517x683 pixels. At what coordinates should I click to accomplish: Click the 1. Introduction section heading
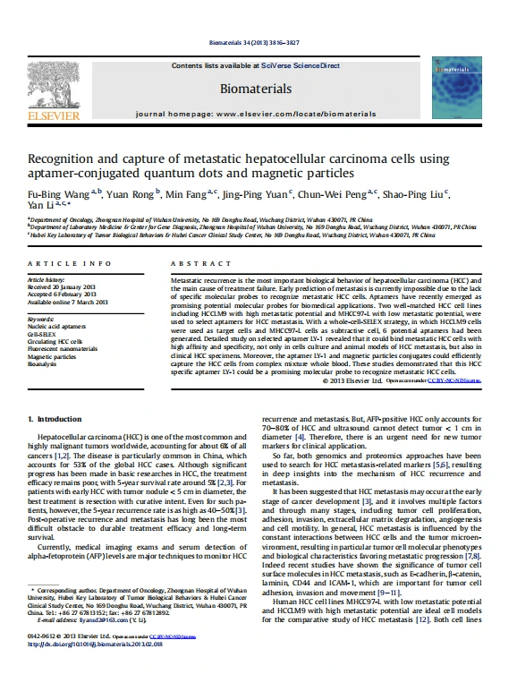coord(56,419)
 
